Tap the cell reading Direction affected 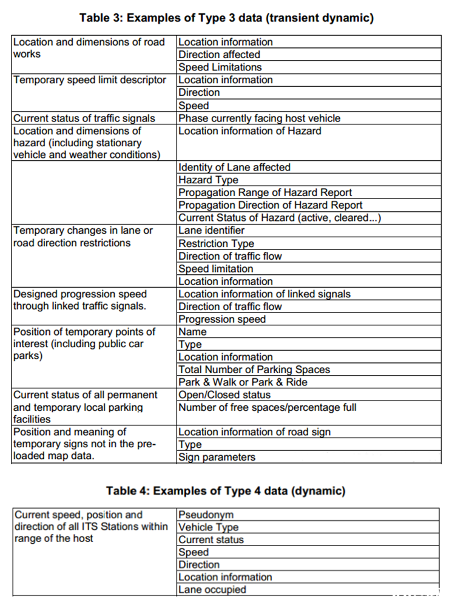[x=219, y=55]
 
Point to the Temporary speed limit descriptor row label [x=90, y=80]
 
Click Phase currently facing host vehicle [x=259, y=118]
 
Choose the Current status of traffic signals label [x=84, y=118]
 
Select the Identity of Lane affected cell [x=234, y=168]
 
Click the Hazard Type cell [x=208, y=180]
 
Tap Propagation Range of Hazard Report [x=265, y=193]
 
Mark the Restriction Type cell [x=216, y=243]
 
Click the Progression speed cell [x=222, y=319]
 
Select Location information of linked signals [x=265, y=294]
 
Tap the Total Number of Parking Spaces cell [x=254, y=370]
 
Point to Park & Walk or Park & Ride [x=243, y=382]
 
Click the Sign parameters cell [x=217, y=458]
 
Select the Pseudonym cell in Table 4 [x=206, y=515]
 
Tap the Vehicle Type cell [x=208, y=527]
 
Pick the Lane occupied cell [x=212, y=590]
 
